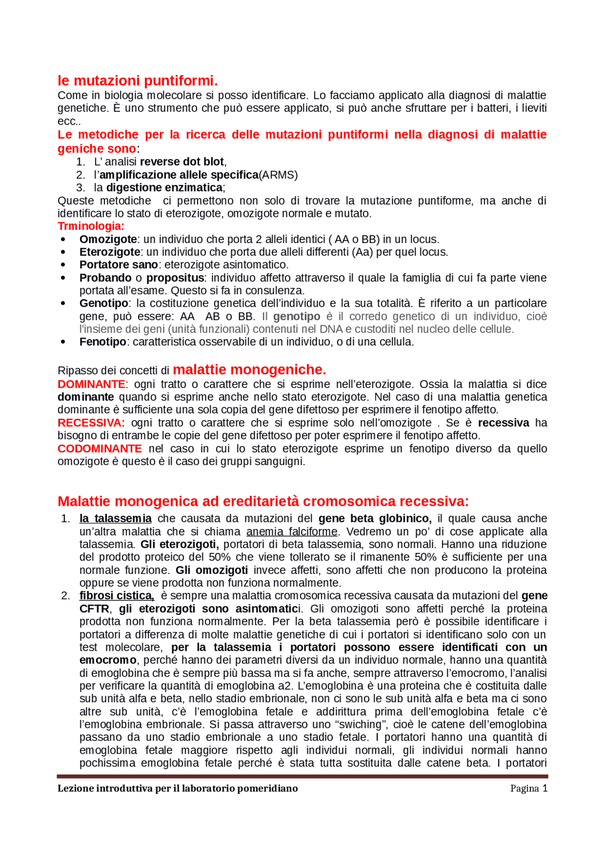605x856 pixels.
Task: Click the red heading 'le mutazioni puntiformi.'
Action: (x=138, y=80)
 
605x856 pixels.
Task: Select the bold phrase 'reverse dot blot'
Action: (x=182, y=162)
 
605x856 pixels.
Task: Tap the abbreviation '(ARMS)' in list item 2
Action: (x=278, y=175)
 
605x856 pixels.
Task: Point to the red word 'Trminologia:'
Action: (x=91, y=226)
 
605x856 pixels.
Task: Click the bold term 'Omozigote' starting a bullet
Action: (x=108, y=239)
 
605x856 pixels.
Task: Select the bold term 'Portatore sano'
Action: (x=119, y=265)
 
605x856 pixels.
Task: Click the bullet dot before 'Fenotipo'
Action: (x=63, y=342)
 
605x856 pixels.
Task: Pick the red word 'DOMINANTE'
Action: (x=91, y=384)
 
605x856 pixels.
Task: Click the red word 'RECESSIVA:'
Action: (x=91, y=423)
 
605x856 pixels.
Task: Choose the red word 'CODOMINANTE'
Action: (x=100, y=449)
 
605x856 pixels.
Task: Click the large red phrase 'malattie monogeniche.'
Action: (x=250, y=370)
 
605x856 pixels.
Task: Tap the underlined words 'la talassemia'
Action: (x=116, y=519)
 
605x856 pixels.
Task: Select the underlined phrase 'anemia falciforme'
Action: (x=292, y=532)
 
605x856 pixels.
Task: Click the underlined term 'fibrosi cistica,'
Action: (x=117, y=596)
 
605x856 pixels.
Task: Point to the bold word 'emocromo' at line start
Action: (x=108, y=660)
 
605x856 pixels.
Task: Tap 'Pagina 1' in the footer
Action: (x=528, y=788)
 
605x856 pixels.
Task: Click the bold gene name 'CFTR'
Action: (x=94, y=609)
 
